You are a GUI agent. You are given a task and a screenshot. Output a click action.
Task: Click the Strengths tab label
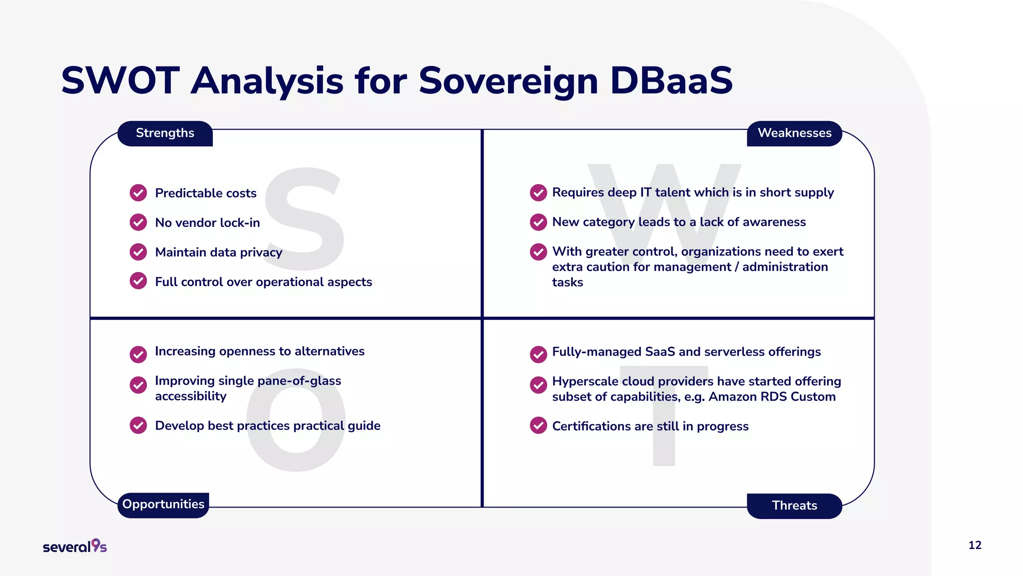165,133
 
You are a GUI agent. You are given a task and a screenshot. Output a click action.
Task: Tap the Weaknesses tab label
794,133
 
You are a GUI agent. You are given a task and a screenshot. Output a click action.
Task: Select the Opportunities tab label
163,504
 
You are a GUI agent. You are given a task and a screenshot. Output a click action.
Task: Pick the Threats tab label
794,505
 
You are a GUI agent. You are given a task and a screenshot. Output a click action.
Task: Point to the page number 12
975,545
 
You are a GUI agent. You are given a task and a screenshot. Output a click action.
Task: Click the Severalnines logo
75,546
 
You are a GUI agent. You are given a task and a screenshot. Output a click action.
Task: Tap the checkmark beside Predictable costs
138,193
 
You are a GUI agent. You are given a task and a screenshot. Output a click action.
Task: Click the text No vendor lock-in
207,222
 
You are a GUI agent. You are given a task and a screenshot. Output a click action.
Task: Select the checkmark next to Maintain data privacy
138,252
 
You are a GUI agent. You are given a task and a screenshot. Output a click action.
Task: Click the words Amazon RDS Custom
772,397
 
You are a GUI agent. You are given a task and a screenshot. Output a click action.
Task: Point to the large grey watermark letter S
305,220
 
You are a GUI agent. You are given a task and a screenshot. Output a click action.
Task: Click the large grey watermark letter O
296,425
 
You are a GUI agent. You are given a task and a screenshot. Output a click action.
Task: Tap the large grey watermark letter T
664,415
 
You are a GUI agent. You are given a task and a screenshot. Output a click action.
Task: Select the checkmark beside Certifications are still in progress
538,426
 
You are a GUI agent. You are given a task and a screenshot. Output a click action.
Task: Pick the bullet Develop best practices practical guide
267,425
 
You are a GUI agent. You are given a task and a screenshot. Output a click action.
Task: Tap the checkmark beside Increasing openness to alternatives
138,354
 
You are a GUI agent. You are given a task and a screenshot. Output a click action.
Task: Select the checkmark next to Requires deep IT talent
538,192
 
